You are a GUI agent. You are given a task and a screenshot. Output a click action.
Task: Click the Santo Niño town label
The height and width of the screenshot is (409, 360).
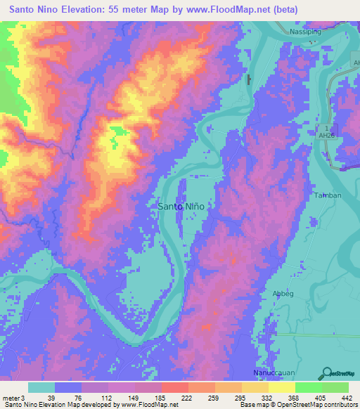180,207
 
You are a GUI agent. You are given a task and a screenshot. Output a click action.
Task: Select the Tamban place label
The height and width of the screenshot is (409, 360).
328,195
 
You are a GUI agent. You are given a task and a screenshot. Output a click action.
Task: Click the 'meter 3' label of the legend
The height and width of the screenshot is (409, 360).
13,397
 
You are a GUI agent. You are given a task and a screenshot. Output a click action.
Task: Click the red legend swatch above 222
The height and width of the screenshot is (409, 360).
173,387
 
